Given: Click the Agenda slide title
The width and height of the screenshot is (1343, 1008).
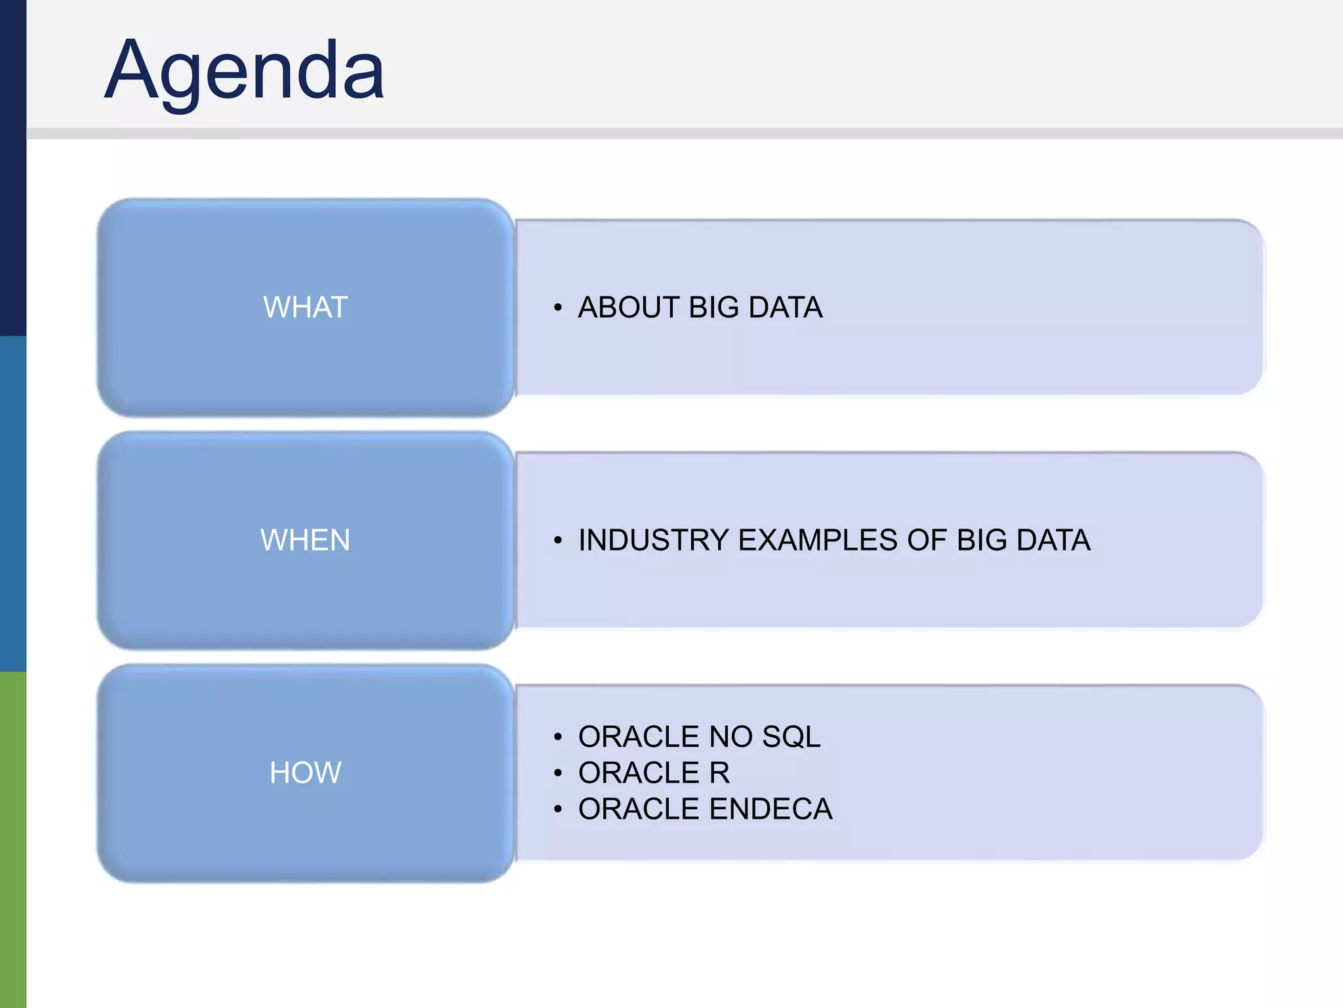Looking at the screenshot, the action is (x=244, y=70).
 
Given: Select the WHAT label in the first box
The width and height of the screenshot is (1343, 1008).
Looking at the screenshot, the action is (x=305, y=307).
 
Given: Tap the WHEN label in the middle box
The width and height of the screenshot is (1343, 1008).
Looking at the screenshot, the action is (x=305, y=540).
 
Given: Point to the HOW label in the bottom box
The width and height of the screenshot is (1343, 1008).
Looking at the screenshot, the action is (x=305, y=772).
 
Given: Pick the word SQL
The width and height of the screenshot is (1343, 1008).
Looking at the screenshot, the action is (x=791, y=736).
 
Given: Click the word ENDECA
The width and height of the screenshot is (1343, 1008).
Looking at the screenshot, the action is (x=771, y=808).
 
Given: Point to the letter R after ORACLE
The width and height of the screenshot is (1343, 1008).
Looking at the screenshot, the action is (x=719, y=772).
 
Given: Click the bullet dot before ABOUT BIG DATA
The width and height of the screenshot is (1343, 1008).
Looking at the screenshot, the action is (x=557, y=308).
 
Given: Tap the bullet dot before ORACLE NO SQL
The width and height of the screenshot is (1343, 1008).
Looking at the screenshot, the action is (x=557, y=737).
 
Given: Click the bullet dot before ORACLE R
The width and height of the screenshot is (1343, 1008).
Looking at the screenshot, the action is (x=557, y=773).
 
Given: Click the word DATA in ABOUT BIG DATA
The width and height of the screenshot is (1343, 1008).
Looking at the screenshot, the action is (x=785, y=307).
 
